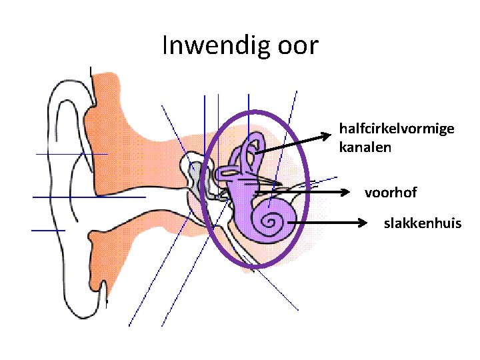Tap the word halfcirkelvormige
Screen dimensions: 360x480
point(397,128)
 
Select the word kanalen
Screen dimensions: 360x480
point(365,146)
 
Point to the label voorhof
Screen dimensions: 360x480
point(391,193)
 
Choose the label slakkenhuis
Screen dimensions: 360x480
point(422,223)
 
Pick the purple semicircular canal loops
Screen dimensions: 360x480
point(252,150)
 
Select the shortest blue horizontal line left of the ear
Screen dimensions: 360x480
point(48,230)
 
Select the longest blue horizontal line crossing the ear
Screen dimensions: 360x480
point(89,197)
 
